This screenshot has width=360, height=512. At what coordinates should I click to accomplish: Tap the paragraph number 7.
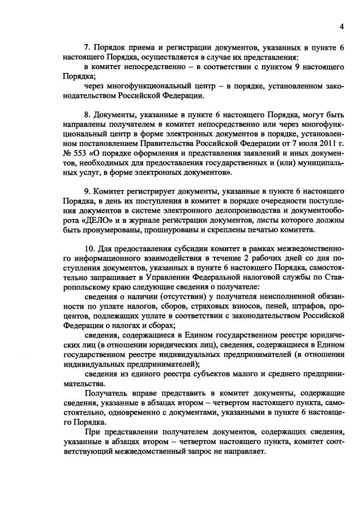pos(87,48)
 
